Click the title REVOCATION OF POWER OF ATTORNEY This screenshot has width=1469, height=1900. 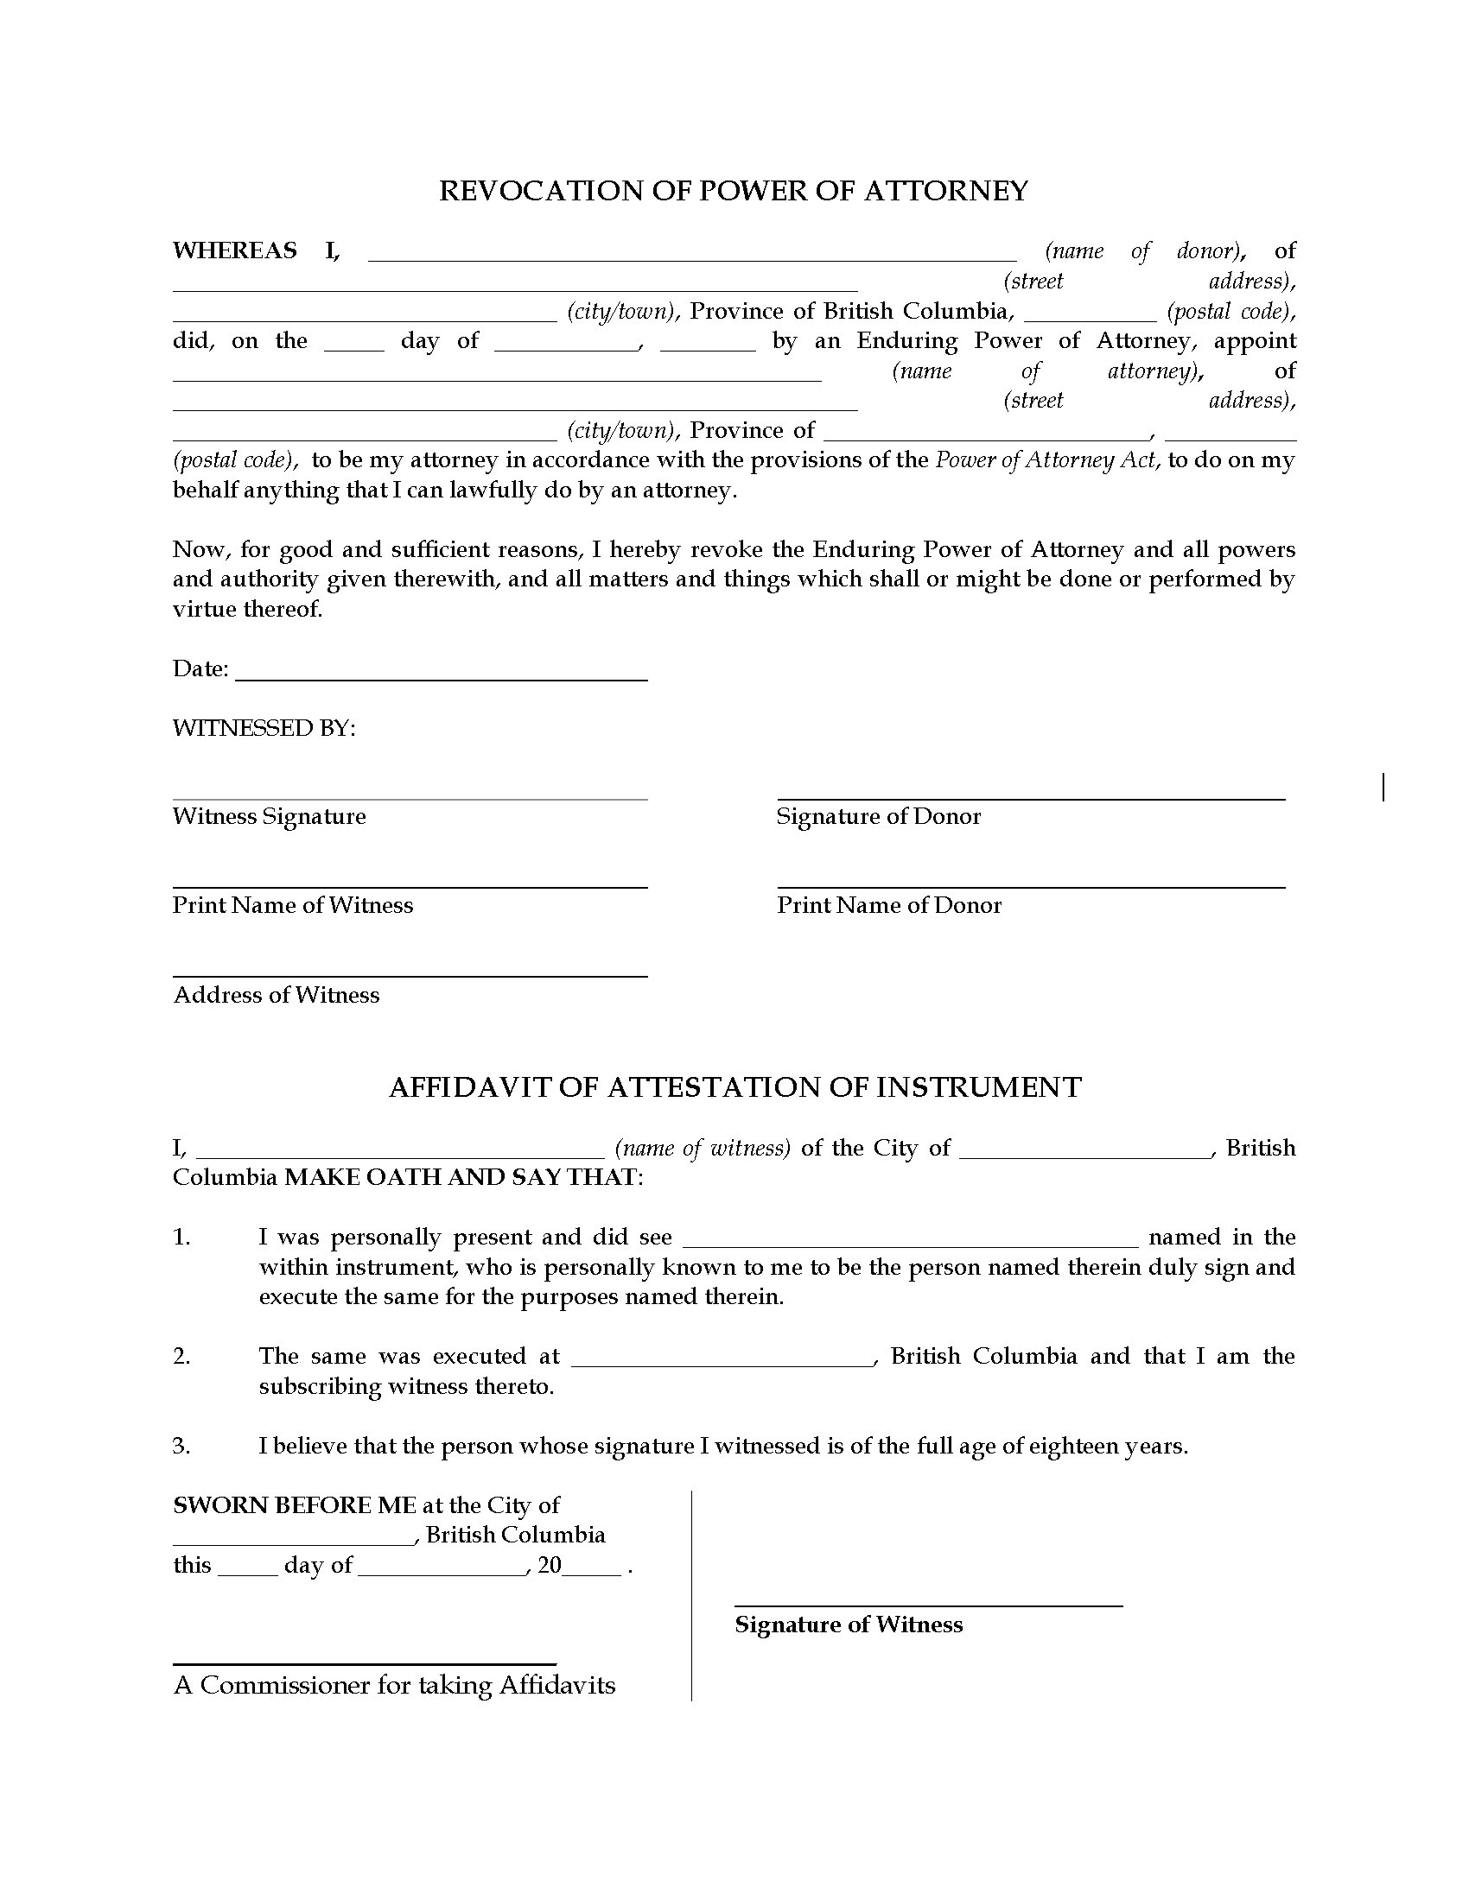pos(734,191)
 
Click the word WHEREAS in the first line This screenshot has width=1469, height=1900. pos(235,250)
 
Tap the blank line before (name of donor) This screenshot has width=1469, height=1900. pos(692,257)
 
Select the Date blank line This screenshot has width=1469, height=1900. pos(442,678)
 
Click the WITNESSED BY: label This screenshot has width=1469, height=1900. pos(264,727)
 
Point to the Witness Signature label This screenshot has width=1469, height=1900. pos(269,816)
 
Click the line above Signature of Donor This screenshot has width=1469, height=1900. pos(1030,798)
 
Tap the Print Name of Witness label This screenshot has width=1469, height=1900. pos(292,905)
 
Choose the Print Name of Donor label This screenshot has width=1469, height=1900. pos(888,905)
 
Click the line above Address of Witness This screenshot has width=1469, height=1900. pos(410,976)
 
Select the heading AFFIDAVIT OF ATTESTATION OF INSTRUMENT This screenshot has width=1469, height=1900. pos(734,1087)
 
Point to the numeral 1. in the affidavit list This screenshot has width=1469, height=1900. pos(181,1237)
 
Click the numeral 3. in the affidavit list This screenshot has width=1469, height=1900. pos(181,1446)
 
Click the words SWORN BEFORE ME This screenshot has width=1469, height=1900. pos(294,1505)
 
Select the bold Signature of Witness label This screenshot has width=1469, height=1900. pos(849,1624)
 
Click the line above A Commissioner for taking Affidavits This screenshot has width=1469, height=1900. pos(365,1662)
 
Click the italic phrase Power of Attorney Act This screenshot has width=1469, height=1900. pos(1047,459)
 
